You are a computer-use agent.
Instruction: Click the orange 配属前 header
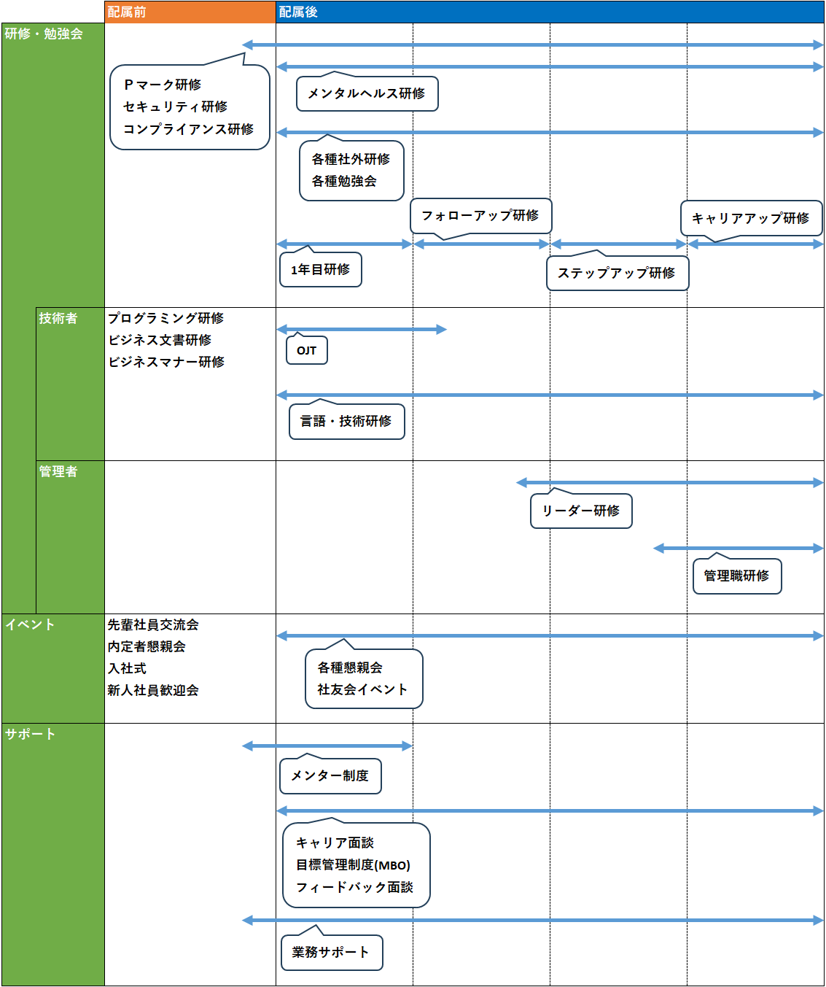tap(190, 12)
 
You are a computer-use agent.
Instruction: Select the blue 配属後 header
tap(550, 12)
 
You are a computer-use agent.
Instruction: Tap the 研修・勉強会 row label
tap(44, 34)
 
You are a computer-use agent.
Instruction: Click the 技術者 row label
tap(58, 318)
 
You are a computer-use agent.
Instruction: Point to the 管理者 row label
tap(58, 471)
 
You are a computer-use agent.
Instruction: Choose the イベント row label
tap(30, 624)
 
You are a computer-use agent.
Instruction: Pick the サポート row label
tap(30, 734)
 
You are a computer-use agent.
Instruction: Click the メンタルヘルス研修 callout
tap(367, 92)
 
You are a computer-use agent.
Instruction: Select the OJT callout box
tap(307, 349)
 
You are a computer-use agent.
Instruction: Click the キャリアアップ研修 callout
tap(752, 219)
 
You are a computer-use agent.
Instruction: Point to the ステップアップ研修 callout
tap(617, 271)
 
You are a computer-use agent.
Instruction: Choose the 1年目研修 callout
tap(320, 268)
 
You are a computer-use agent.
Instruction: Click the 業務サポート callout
tap(332, 950)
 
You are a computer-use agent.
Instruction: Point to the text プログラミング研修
tap(166, 318)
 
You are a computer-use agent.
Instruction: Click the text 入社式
tap(127, 668)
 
